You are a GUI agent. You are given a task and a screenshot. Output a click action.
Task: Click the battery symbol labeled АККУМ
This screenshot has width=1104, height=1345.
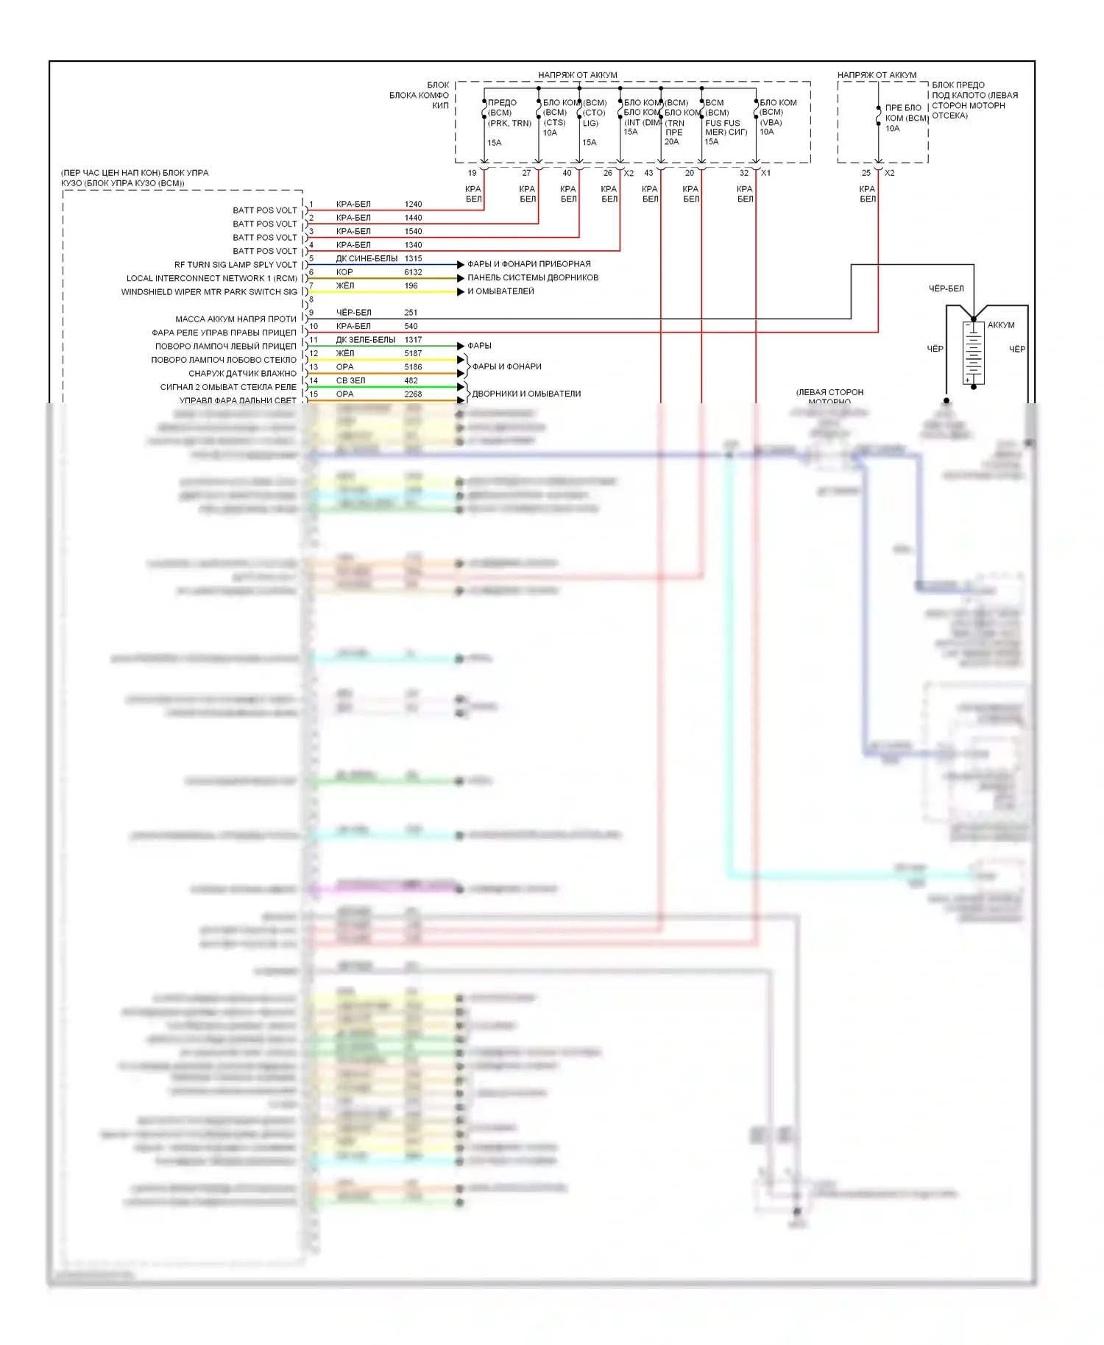pyautogui.click(x=973, y=352)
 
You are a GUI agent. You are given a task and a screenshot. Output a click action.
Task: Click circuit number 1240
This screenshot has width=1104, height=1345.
pyautogui.click(x=413, y=204)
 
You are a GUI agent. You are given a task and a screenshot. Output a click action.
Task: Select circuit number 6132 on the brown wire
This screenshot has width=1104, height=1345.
pyautogui.click(x=413, y=272)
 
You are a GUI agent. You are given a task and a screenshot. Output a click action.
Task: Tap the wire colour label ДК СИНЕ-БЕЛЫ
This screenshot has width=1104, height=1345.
pyautogui.click(x=367, y=258)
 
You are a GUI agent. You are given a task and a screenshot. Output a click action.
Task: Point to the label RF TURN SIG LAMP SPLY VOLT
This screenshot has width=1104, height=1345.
pyautogui.click(x=236, y=265)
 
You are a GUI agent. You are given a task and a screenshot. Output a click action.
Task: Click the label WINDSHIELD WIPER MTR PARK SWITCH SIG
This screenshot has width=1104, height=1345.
pyautogui.click(x=209, y=292)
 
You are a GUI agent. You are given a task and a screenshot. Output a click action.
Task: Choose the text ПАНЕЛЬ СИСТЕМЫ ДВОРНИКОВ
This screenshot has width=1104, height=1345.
pyautogui.click(x=533, y=277)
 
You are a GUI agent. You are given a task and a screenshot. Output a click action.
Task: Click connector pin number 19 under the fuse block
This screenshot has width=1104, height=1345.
pyautogui.click(x=473, y=173)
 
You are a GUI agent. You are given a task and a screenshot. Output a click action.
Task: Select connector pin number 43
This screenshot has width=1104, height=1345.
pyautogui.click(x=648, y=173)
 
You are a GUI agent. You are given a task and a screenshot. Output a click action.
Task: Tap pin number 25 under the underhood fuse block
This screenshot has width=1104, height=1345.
pyautogui.click(x=866, y=173)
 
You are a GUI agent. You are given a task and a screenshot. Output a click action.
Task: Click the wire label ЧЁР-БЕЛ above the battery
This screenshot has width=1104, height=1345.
pyautogui.click(x=946, y=288)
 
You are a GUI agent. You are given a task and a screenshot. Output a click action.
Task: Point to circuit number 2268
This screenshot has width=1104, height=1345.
pyautogui.click(x=413, y=394)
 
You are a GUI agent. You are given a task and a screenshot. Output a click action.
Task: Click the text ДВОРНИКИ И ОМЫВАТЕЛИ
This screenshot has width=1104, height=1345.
pyautogui.click(x=526, y=394)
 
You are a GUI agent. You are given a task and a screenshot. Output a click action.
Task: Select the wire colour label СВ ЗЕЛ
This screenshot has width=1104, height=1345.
pyautogui.click(x=350, y=380)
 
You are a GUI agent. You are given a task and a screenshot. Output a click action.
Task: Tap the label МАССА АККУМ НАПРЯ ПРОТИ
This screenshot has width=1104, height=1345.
pyautogui.click(x=236, y=319)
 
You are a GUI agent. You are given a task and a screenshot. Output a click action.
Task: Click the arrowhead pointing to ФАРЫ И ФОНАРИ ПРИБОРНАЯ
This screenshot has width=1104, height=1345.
pyautogui.click(x=461, y=264)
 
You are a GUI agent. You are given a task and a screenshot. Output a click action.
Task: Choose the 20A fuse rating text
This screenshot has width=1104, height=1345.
pyautogui.click(x=671, y=142)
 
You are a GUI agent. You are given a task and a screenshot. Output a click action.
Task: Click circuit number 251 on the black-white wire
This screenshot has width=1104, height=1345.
pyautogui.click(x=411, y=313)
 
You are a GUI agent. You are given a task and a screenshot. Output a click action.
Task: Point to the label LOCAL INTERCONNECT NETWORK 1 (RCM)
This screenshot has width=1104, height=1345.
pyautogui.click(x=212, y=278)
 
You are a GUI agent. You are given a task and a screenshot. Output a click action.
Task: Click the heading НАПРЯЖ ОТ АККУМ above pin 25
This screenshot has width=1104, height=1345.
pyautogui.click(x=877, y=75)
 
